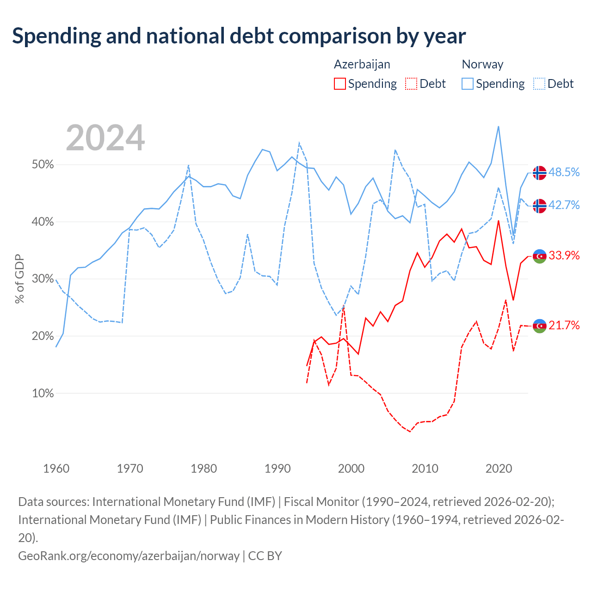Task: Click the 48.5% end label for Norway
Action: tap(564, 172)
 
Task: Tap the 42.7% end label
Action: tap(564, 205)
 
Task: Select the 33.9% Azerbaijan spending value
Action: tap(564, 255)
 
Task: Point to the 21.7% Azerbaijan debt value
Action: tap(564, 325)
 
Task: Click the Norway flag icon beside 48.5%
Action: tap(539, 173)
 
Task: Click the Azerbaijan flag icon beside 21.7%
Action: tap(539, 326)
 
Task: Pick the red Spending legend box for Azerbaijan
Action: tap(340, 84)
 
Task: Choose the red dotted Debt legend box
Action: tap(411, 84)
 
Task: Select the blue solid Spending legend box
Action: tap(467, 84)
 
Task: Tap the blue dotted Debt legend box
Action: tap(539, 84)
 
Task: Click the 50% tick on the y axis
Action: tap(43, 164)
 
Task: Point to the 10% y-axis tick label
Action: tap(43, 393)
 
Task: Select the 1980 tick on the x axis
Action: tap(203, 468)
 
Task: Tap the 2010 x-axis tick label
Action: tap(425, 468)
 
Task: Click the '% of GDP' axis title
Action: tap(19, 278)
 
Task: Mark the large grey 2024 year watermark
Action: tap(105, 138)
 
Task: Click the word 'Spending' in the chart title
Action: tap(56, 36)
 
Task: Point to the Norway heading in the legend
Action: tap(482, 64)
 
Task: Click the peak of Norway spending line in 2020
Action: tap(498, 127)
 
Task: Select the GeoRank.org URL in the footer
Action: tap(129, 556)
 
